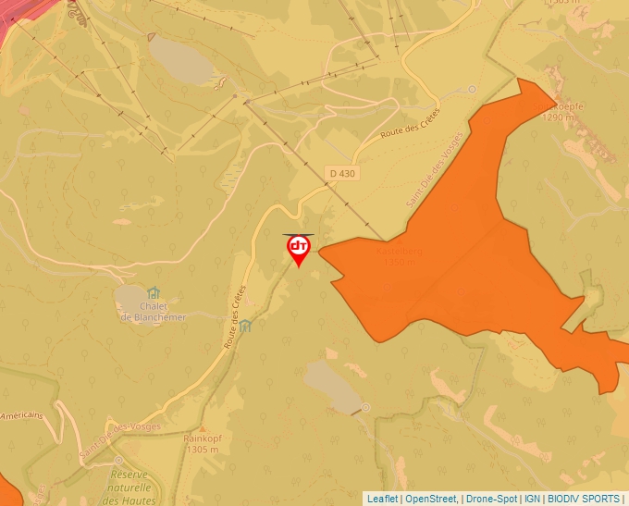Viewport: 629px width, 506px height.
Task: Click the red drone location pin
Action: [299, 249]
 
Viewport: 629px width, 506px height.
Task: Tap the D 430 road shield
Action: [341, 173]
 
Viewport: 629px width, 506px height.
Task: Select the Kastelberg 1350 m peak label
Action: [400, 256]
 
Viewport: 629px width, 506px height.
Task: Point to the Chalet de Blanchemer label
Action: [153, 312]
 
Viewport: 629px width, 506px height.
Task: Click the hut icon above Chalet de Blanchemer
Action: [153, 293]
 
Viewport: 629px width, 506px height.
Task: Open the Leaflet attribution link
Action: [382, 499]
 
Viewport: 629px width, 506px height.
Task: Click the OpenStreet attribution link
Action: [431, 499]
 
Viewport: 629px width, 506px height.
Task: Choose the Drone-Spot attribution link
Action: [490, 499]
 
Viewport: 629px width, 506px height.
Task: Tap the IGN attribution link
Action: [532, 499]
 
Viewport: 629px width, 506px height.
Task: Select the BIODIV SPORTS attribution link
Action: [584, 499]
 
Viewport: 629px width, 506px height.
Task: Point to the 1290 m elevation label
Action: [560, 117]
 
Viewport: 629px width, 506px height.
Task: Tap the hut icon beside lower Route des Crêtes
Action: [245, 326]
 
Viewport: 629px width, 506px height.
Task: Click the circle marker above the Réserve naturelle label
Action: [118, 460]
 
